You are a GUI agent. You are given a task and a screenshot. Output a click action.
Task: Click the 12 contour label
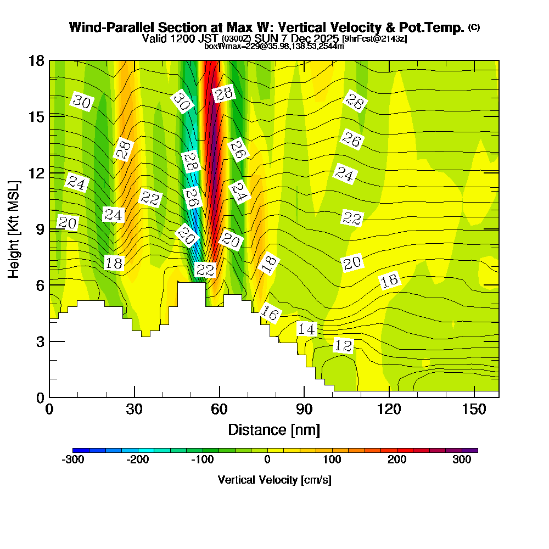(343, 346)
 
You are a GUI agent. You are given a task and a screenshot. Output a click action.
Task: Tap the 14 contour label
(307, 329)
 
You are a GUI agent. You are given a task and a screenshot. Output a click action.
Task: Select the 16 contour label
(270, 313)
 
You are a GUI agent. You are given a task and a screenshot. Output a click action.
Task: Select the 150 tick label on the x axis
(474, 409)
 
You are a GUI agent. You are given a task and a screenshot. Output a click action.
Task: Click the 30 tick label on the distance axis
(135, 409)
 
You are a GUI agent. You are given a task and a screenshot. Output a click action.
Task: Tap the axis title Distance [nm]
(274, 429)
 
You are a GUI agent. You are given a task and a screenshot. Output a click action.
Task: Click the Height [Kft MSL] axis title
(14, 228)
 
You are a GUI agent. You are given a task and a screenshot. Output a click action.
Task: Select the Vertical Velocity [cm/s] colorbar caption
(274, 480)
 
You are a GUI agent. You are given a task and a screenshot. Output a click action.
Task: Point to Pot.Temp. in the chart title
(437, 27)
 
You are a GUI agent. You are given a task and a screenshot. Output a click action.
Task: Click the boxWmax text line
(274, 46)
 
